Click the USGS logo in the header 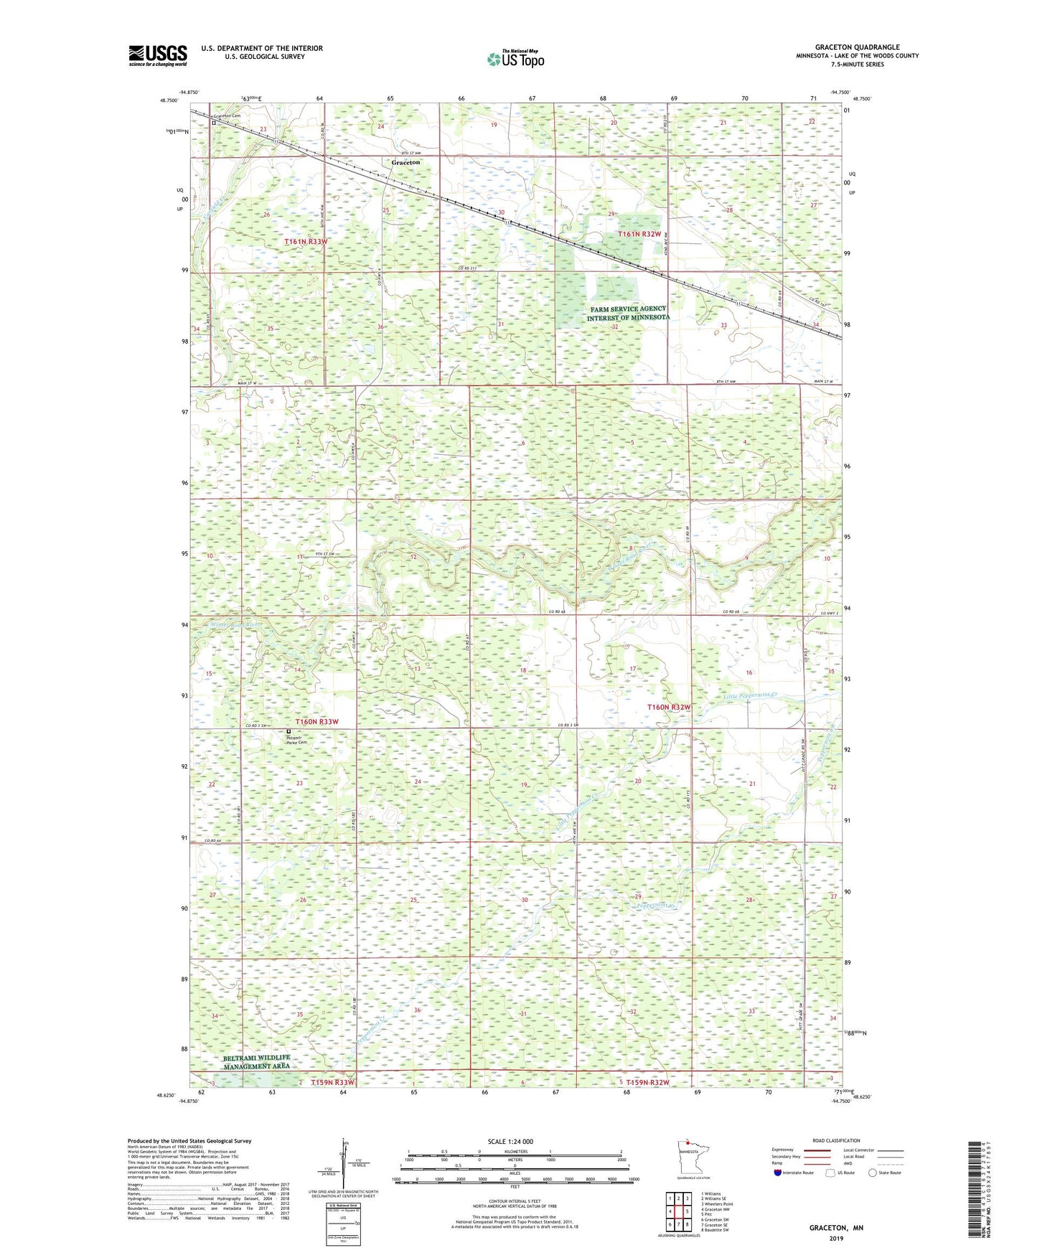[x=157, y=55]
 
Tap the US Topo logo [x=515, y=59]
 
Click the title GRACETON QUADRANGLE [x=857, y=47]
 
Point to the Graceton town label [x=405, y=163]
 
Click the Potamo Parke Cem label [x=296, y=739]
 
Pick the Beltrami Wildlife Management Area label [x=256, y=1062]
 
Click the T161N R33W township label [x=306, y=242]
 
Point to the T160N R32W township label [x=669, y=707]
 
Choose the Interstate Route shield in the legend [x=778, y=1193]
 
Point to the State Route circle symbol [x=872, y=1193]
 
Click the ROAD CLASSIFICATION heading [x=836, y=1140]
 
